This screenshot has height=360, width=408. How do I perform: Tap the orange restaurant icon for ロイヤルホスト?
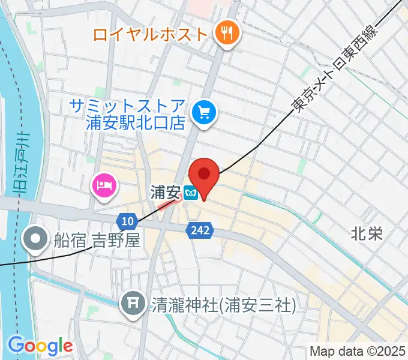click(x=227, y=34)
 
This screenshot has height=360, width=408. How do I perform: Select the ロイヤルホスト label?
click(x=150, y=34)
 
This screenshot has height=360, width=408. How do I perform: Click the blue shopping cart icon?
click(x=203, y=112)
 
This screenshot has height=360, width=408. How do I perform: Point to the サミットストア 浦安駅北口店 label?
click(x=127, y=115)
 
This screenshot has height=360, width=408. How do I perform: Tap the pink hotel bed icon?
click(x=103, y=184)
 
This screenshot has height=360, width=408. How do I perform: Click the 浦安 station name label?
click(x=165, y=193)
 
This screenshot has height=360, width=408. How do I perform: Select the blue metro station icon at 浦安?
click(x=191, y=193)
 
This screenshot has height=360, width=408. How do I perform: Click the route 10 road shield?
click(x=126, y=221)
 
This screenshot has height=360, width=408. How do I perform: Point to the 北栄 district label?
click(x=367, y=233)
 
